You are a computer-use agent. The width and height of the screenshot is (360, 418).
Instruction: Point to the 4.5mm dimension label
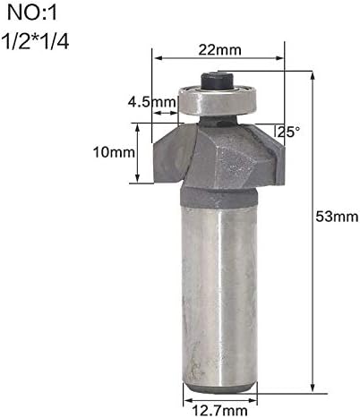pos(152,102)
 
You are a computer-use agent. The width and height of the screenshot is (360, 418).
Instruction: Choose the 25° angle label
pos(287,132)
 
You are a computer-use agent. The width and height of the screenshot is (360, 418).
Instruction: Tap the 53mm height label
pos(335,216)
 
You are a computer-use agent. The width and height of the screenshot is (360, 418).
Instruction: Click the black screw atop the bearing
pos(219,80)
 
